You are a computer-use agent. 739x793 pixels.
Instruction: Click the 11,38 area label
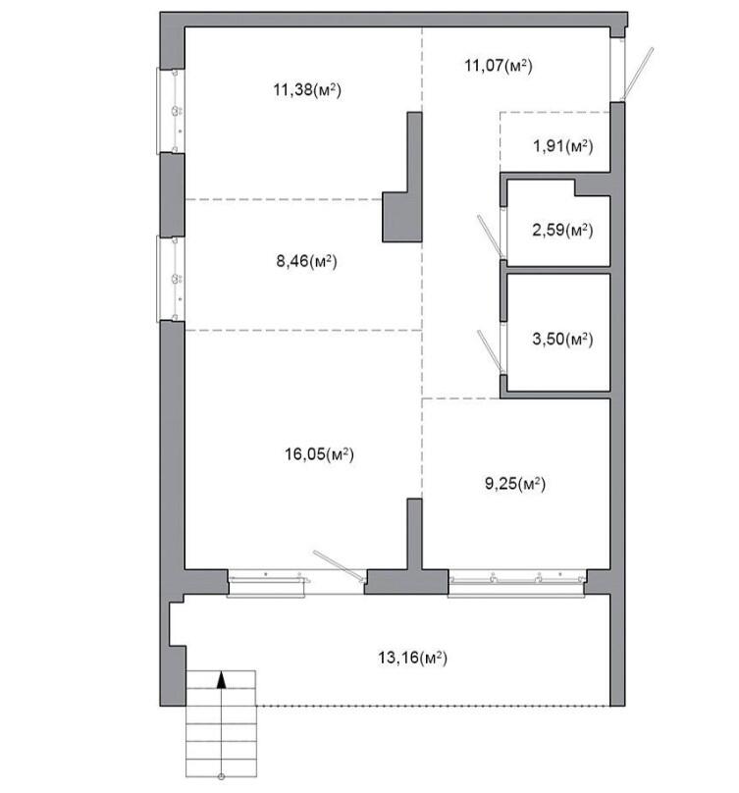307,90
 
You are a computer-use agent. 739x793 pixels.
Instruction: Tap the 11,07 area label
499,66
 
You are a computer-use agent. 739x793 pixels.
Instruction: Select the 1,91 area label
563,146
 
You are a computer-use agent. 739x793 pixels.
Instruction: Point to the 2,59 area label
562,230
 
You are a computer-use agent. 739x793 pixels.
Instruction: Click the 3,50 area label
562,339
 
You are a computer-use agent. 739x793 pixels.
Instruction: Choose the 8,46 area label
306,261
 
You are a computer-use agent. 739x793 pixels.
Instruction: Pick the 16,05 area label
319,454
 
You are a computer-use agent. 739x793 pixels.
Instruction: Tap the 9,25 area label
515,484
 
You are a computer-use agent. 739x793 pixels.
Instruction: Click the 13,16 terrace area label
412,658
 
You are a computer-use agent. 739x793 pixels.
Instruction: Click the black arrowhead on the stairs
221,680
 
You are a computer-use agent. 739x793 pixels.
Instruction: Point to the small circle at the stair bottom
221,776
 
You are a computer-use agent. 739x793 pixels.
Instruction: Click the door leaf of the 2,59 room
490,237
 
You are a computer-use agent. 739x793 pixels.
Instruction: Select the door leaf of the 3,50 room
490,351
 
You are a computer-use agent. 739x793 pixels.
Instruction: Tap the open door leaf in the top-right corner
637,74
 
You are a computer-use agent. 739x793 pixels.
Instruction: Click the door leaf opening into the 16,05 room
339,565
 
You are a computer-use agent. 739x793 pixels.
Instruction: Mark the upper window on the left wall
171,111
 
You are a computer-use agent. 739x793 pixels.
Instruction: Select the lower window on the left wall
171,279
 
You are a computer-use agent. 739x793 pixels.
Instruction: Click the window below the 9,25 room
516,583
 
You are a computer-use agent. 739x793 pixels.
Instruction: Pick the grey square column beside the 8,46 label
401,217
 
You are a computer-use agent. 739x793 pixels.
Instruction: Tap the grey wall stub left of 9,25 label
414,534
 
